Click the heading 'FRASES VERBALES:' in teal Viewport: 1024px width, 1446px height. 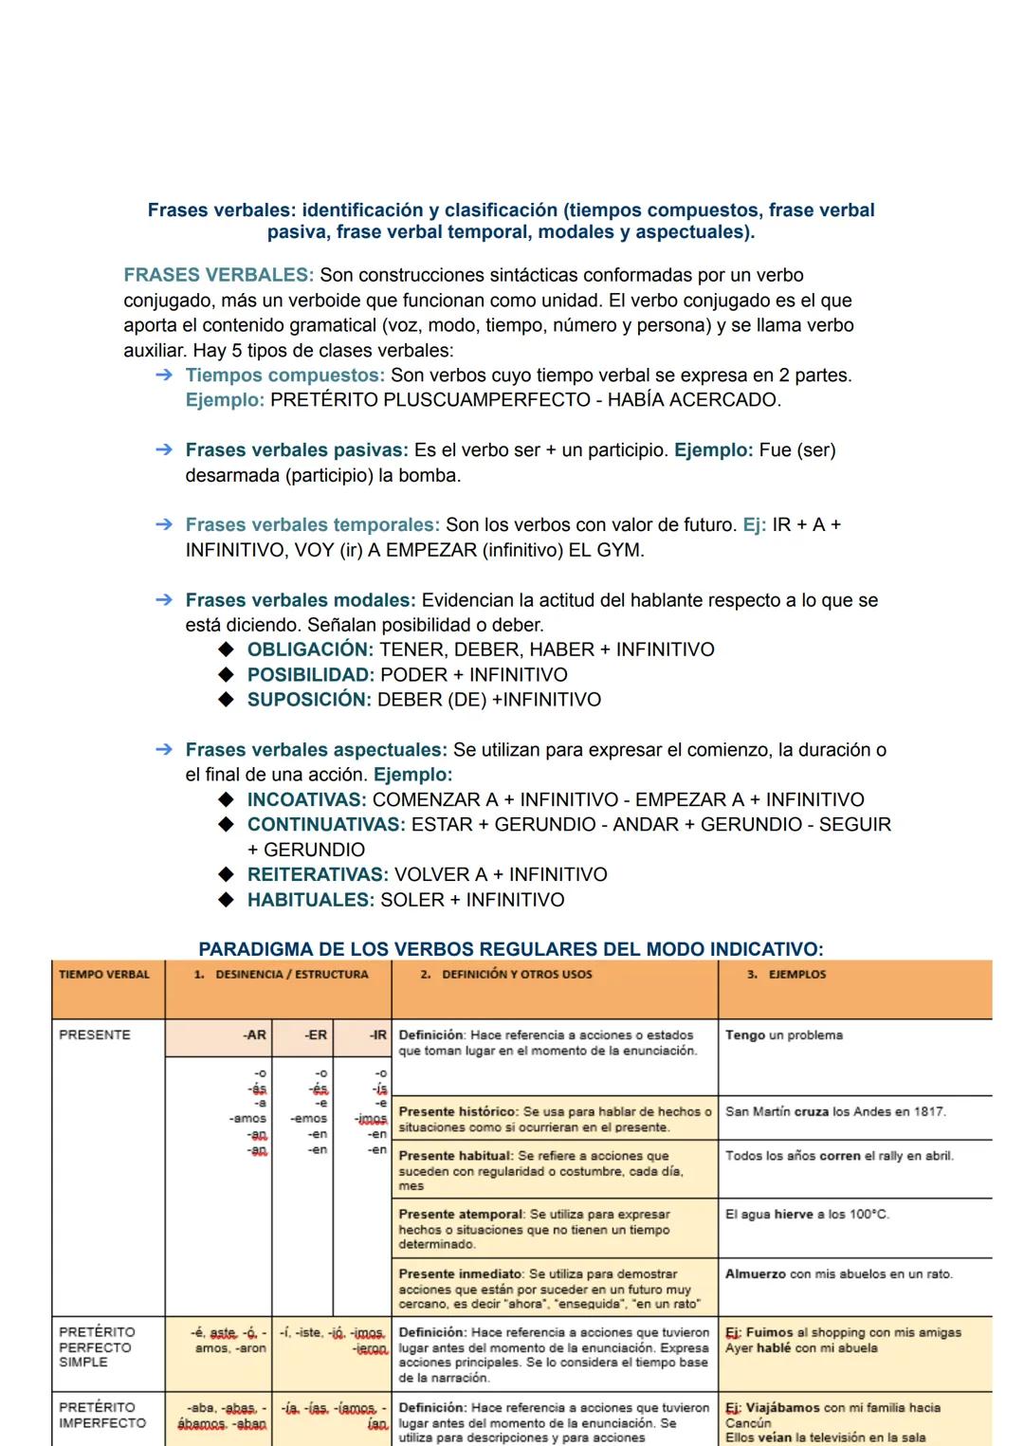pos(218,275)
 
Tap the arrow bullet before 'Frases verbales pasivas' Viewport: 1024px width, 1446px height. pos(164,450)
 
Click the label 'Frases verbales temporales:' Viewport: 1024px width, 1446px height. pos(312,525)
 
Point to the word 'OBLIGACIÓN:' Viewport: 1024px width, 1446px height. pos(310,650)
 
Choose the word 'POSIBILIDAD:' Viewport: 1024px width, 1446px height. pos(310,675)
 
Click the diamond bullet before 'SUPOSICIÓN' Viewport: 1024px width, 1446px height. pos(226,700)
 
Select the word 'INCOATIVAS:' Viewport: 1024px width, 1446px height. pos(306,800)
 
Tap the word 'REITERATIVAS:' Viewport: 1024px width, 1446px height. pos(318,875)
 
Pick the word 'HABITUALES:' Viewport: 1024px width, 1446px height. pos(310,900)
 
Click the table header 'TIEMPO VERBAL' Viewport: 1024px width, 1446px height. pos(104,975)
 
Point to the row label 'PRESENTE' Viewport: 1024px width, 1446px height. pos(95,1035)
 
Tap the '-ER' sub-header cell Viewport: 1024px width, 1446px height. pos(316,1035)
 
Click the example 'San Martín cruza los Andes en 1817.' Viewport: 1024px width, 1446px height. pos(835,1112)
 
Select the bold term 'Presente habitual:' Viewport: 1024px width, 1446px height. pos(456,1156)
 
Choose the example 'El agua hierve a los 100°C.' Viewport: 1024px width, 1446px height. pos(807,1215)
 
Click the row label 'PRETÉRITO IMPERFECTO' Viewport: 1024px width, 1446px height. pos(102,1415)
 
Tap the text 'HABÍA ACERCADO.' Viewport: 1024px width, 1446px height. pos(694,400)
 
